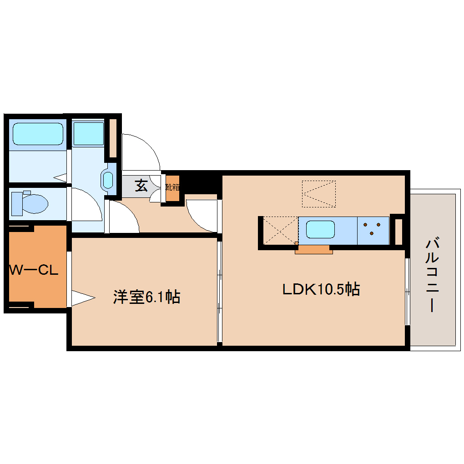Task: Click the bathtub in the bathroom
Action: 37,134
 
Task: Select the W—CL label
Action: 34,270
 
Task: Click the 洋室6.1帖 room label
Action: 146,297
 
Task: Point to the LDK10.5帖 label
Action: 321,289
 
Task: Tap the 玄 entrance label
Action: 141,186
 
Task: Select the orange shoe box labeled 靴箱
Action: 172,187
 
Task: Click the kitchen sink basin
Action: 320,229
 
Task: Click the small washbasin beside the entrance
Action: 108,180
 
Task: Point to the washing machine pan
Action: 88,133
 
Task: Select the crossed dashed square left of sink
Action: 280,231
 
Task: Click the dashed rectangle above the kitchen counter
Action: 318,194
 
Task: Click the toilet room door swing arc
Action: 86,205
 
